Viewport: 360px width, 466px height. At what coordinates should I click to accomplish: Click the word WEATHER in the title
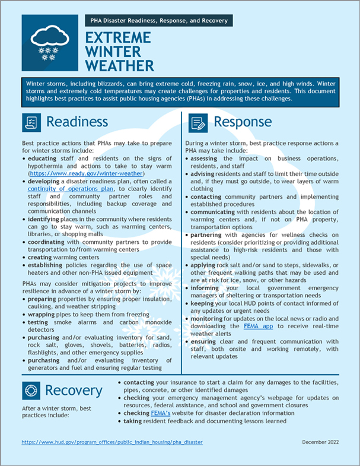tap(119, 65)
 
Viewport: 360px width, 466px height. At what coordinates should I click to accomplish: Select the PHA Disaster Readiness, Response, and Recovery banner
tap(159, 21)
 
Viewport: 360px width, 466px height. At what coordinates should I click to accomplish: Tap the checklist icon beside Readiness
tap(31, 122)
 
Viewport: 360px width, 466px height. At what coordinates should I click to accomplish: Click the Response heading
tap(243, 122)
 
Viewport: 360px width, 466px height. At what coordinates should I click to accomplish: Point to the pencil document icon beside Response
tap(198, 123)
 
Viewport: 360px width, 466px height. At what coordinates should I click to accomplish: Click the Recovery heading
tap(74, 390)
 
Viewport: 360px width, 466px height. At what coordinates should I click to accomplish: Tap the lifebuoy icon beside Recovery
tap(31, 391)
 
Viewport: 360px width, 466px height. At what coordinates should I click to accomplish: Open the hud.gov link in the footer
tap(112, 442)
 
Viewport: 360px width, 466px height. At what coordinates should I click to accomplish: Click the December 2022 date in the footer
tap(321, 442)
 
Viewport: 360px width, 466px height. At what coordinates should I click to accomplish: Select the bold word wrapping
tap(43, 314)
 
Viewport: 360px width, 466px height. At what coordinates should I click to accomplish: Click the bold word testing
tap(40, 322)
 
